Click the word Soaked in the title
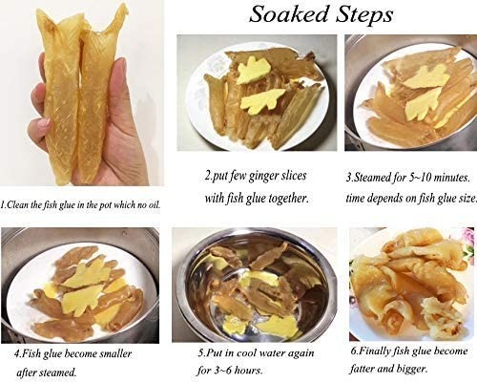tap(289, 14)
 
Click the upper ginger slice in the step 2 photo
tap(254, 70)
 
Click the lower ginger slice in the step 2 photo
tap(262, 101)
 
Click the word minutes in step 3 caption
tap(452, 177)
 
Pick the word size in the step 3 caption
tap(467, 198)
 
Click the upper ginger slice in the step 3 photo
tap(426, 77)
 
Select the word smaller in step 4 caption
tap(115, 353)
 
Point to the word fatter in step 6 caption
tap(363, 370)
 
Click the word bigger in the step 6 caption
tap(412, 370)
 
